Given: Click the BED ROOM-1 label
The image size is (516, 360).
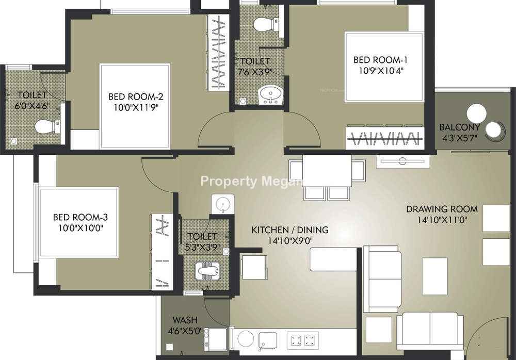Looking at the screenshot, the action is (x=380, y=60).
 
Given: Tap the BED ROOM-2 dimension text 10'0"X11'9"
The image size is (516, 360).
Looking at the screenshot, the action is (x=136, y=108).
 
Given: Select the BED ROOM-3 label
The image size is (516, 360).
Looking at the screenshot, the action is (x=80, y=217).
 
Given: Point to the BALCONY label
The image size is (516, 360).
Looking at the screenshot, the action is (x=460, y=127).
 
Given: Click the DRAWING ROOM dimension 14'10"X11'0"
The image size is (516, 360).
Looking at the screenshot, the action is (x=442, y=220).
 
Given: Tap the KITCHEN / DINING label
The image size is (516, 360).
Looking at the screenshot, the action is (x=289, y=230).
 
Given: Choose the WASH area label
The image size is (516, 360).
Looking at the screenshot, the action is (x=185, y=320).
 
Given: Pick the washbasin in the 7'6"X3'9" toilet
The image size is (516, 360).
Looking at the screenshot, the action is (x=270, y=94).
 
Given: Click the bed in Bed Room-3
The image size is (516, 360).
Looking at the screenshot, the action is (x=78, y=222).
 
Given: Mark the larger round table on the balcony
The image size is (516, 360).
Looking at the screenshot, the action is (x=476, y=113).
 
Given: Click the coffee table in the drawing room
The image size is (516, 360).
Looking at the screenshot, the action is (x=434, y=276).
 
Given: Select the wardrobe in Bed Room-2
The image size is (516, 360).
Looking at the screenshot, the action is (x=218, y=53).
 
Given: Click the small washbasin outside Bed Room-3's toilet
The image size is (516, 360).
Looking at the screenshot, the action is (x=223, y=204).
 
